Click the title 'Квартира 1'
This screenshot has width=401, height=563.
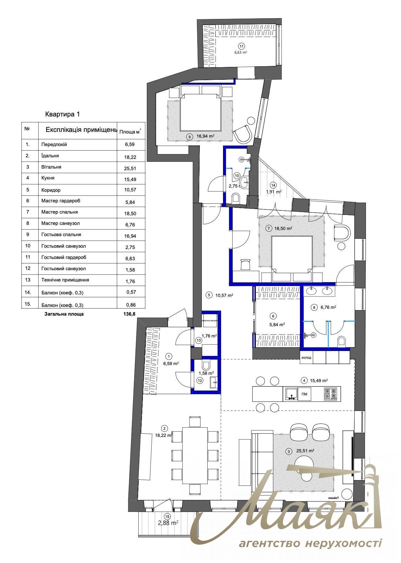(62, 114)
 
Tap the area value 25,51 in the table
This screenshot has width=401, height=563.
(130, 168)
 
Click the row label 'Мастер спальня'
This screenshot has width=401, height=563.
(60, 212)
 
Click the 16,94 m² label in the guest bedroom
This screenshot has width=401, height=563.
(206, 136)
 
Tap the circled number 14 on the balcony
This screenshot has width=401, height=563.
(273, 185)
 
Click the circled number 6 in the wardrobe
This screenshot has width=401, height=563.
(273, 316)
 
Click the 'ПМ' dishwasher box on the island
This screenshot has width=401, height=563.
(304, 394)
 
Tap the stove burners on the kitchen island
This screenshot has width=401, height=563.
(331, 394)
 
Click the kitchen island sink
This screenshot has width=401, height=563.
(291, 394)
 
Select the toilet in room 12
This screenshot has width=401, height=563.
(206, 365)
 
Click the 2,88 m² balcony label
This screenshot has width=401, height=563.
(168, 523)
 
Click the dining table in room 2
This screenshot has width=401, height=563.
(195, 455)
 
